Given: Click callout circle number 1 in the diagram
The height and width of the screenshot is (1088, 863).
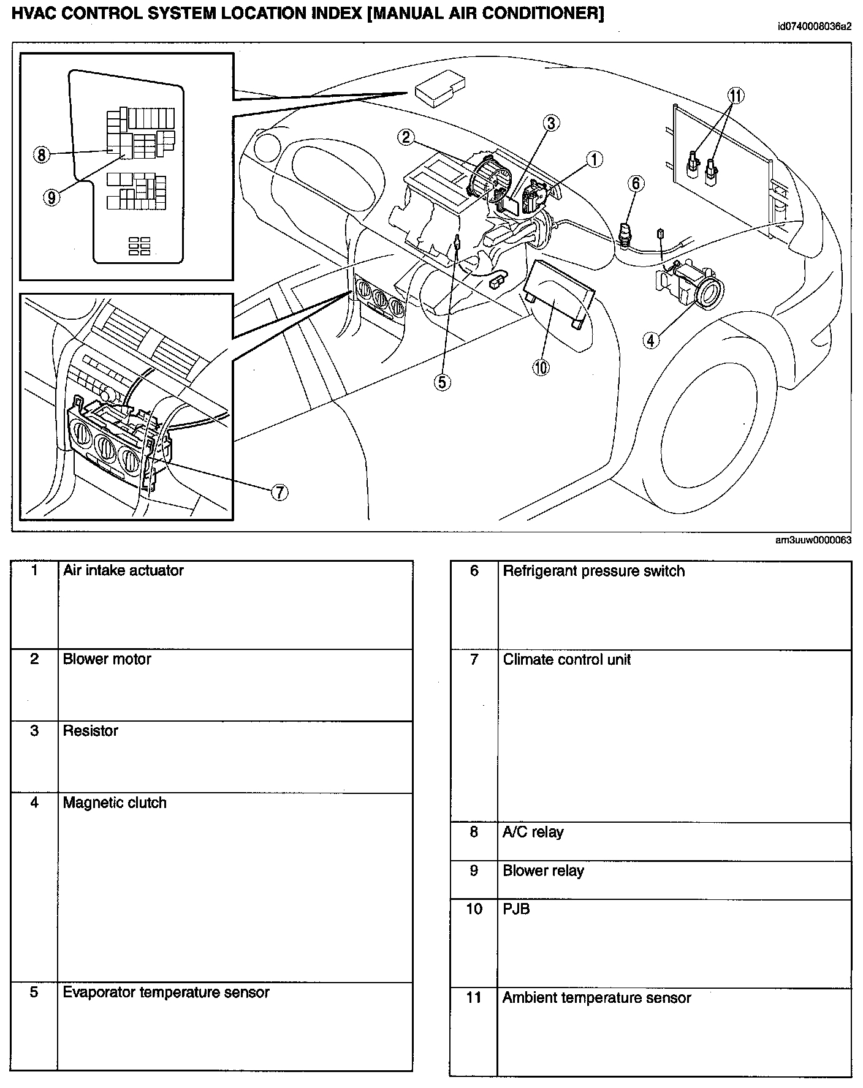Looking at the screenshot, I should [593, 160].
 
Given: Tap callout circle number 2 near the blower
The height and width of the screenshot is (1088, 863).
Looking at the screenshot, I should [406, 137].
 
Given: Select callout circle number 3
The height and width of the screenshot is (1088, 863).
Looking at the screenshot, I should [551, 124].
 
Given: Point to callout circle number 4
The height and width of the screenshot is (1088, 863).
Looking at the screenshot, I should [651, 339].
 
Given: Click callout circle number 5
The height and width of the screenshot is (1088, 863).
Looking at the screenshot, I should [443, 382].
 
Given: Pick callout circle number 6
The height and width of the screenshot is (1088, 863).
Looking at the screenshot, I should [636, 183].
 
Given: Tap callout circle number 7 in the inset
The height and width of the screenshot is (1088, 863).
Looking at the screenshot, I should [279, 492].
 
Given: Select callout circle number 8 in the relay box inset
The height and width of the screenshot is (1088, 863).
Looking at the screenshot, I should [41, 154].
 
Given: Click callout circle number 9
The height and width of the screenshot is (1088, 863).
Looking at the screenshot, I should [52, 197].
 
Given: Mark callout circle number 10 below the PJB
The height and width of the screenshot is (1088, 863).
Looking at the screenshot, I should [541, 367].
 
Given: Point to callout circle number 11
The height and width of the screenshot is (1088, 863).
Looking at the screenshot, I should [736, 96].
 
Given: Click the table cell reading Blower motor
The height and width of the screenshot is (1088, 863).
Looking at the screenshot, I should [107, 659].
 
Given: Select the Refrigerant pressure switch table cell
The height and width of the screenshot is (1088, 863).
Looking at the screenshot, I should [593, 571].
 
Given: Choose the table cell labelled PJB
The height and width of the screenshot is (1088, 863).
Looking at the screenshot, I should [516, 909].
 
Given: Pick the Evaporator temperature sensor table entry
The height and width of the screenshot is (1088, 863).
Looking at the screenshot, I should [166, 992].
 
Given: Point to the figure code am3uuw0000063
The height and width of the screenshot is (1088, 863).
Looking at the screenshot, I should [813, 540].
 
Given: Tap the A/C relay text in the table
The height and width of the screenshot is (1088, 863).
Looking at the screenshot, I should [533, 832].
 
